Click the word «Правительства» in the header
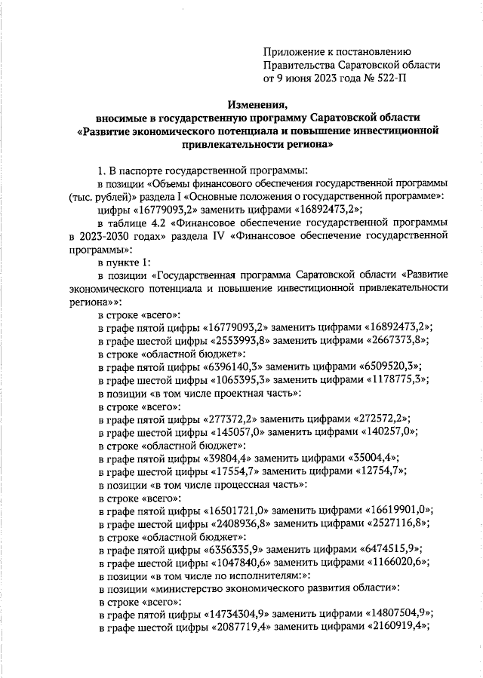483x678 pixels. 300,64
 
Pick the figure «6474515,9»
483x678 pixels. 392,549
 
